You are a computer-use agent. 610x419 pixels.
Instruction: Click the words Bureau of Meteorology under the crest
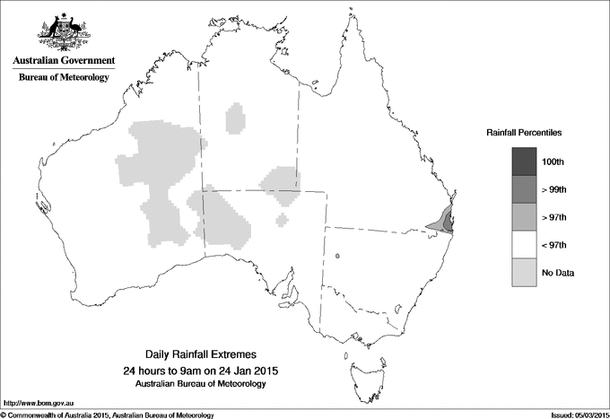tap(63, 78)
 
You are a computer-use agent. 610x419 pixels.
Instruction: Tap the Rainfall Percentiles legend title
tap(524, 133)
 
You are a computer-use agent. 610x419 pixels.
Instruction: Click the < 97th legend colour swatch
tap(524, 244)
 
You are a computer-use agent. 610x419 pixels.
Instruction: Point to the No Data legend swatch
tap(524, 272)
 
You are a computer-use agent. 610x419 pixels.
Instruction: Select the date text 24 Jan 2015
tap(248, 371)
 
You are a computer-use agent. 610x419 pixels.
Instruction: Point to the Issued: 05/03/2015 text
tap(573, 414)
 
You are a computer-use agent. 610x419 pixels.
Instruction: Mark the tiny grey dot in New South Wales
tap(338, 258)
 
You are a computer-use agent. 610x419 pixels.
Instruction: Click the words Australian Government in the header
tap(63, 61)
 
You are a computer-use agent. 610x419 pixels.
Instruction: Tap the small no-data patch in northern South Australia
tap(283, 219)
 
